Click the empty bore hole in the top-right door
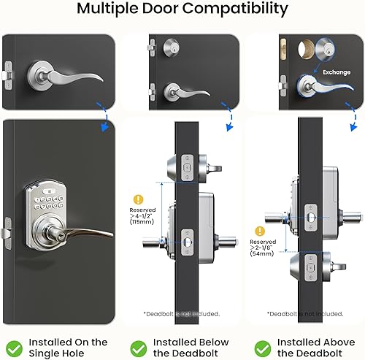point(301,50)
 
